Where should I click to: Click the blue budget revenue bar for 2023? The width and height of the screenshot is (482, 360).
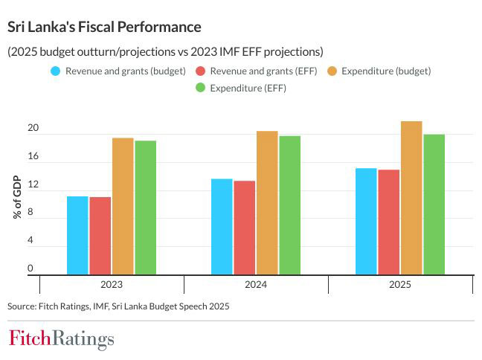click(77, 235)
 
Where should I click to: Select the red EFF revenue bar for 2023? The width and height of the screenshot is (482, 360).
click(100, 236)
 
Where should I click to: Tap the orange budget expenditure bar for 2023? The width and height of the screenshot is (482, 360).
click(123, 206)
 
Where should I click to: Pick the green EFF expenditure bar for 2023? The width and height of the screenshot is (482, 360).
click(146, 208)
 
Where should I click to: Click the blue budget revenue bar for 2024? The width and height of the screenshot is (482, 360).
click(222, 227)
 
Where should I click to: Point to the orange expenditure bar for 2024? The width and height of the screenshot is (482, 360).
click(267, 203)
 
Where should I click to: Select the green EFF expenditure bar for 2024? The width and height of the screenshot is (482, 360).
click(290, 205)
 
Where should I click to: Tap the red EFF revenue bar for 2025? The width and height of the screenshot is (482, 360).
click(388, 222)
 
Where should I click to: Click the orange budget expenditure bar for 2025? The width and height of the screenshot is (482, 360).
click(411, 198)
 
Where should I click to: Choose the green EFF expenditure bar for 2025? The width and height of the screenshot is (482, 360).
click(434, 205)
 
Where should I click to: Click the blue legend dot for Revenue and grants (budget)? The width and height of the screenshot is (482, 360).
click(55, 71)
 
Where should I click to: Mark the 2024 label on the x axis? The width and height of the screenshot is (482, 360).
click(255, 285)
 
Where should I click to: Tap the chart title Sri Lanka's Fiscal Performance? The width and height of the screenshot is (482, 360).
click(104, 27)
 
